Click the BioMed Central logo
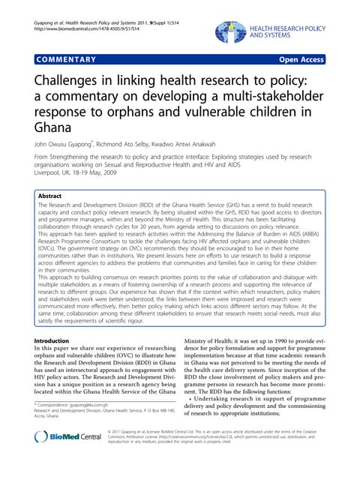coord(67,457)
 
